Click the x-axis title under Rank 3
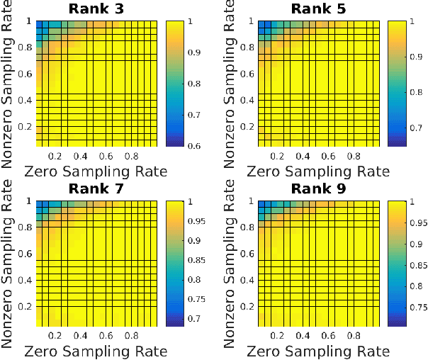(96, 171)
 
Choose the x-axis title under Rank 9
(318, 351)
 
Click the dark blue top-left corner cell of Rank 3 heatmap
(40, 23)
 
